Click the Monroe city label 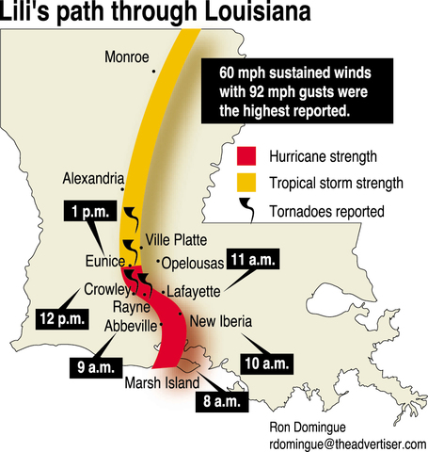128,56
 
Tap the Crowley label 104,289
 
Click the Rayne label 131,307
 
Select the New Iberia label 221,322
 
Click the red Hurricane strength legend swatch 247,155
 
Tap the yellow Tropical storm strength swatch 247,182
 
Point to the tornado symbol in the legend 247,209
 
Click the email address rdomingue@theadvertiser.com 348,443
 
